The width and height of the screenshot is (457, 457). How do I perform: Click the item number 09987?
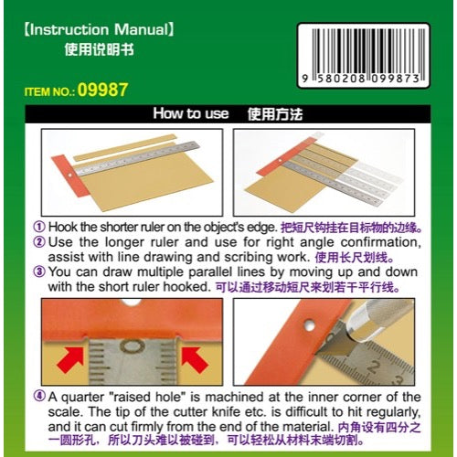pyautogui.click(x=102, y=90)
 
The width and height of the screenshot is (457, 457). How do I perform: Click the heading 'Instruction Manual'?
pyautogui.click(x=99, y=30)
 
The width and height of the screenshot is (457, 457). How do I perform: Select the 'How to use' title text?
pyautogui.click(x=191, y=113)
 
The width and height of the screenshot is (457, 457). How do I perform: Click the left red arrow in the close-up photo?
pyautogui.click(x=70, y=359)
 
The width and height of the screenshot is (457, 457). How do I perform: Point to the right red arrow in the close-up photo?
pyautogui.click(x=195, y=359)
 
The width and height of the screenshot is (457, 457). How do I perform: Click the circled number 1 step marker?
pyautogui.click(x=39, y=227)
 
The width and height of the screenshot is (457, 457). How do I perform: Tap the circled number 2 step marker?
pyautogui.click(x=39, y=242)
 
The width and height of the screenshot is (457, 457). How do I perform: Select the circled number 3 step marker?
pyautogui.click(x=39, y=271)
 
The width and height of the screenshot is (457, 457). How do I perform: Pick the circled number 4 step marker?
pyautogui.click(x=39, y=397)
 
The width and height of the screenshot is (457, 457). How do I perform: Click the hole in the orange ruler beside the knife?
pyautogui.click(x=310, y=325)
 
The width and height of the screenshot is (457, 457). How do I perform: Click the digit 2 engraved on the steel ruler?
pyautogui.click(x=374, y=366)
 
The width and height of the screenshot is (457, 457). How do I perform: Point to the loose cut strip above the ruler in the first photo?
pyautogui.click(x=125, y=147)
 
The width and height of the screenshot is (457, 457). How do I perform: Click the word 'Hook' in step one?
pyautogui.click(x=63, y=227)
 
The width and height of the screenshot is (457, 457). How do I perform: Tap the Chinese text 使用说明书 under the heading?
pyautogui.click(x=100, y=49)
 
